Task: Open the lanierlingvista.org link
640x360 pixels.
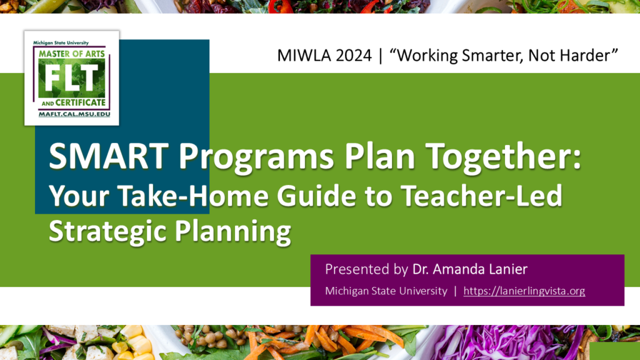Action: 524,291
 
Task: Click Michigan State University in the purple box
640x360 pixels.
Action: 386,291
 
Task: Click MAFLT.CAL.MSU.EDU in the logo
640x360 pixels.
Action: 72,114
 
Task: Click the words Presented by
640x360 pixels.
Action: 366,269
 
